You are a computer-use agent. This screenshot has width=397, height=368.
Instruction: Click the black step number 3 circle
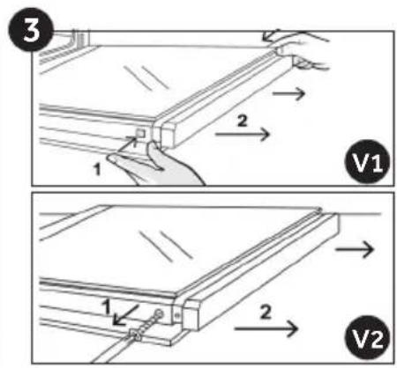click(32, 30)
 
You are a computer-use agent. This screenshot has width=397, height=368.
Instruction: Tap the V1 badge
click(368, 162)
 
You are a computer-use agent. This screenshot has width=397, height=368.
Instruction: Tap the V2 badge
click(368, 337)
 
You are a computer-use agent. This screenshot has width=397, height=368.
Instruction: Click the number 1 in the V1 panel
click(97, 169)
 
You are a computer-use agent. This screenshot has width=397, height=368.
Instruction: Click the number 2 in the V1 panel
click(242, 121)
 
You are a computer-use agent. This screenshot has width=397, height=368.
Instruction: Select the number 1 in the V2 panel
click(107, 307)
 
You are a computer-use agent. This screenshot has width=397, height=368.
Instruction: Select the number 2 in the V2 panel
click(266, 312)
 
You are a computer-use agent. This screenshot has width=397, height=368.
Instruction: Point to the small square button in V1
click(140, 134)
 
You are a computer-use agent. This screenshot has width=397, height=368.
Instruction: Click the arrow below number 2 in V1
click(243, 135)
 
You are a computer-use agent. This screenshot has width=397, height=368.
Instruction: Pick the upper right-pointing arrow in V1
click(288, 93)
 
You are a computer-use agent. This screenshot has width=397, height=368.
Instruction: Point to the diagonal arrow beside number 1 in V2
click(126, 315)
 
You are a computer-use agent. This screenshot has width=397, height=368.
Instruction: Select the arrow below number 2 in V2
click(266, 328)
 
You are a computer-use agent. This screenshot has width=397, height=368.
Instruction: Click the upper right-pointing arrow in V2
click(355, 250)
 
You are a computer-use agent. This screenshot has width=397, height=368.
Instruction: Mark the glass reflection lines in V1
click(146, 77)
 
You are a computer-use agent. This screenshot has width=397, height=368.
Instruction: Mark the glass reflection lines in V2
click(166, 246)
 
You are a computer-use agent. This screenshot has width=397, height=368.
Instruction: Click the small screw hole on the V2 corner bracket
click(177, 315)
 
